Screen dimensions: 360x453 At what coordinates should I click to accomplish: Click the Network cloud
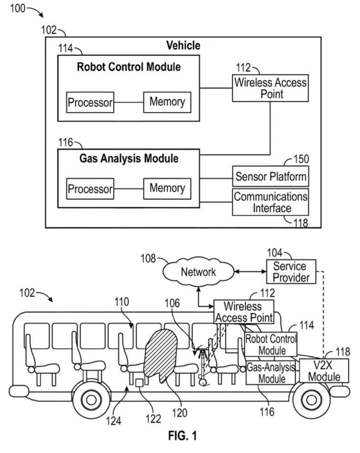pos(198,272)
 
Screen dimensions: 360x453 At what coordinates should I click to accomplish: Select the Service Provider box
pos(291,272)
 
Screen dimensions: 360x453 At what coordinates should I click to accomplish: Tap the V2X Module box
pos(324,371)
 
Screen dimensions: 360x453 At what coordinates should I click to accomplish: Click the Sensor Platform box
pos(270,176)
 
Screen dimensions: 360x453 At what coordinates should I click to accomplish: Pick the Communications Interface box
pos(270,202)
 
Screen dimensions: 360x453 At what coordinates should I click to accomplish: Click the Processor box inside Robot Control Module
pos(90,102)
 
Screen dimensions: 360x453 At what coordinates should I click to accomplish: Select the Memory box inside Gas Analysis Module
pos(168,188)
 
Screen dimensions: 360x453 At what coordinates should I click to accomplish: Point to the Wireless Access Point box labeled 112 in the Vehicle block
pos(270,88)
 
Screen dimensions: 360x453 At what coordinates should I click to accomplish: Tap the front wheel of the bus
pos(311,400)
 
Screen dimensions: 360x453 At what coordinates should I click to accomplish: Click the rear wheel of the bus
pos(91,400)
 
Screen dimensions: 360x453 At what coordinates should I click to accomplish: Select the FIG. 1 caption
pos(182,436)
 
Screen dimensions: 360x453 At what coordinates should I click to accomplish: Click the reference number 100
pos(18,8)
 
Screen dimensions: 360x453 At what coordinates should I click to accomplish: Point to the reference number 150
pos(301,159)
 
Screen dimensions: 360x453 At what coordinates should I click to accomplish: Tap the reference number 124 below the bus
pos(113,421)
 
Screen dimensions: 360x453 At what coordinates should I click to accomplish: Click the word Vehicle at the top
pos(183,45)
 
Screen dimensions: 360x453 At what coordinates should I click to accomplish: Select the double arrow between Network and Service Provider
pos(250,272)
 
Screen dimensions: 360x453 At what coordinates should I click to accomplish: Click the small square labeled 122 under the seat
pos(140,383)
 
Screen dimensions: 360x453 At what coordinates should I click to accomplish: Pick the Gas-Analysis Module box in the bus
pos(271,372)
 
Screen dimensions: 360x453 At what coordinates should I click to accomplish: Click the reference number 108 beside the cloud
pos(148,259)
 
